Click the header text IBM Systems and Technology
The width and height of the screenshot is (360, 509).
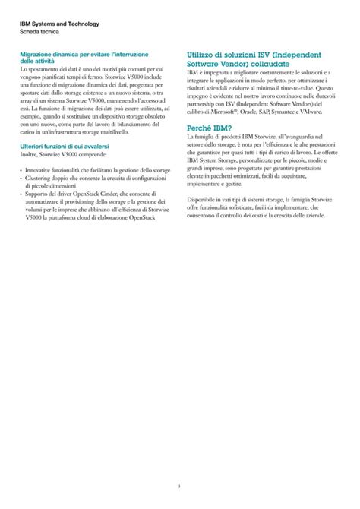(x=59, y=24)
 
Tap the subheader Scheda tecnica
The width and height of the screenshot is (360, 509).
(x=43, y=33)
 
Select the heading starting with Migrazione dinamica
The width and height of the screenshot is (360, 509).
(x=84, y=55)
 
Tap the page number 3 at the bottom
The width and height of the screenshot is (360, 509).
(x=180, y=485)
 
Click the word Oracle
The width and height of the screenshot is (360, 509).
(x=254, y=112)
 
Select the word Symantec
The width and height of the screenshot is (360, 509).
(x=292, y=112)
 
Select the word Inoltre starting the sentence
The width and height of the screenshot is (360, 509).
(x=30, y=153)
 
